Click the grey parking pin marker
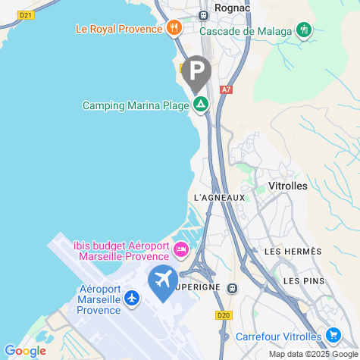197,73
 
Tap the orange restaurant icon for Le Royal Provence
175,29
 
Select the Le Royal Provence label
120,30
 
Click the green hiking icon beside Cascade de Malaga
305,30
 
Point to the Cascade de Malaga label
246,31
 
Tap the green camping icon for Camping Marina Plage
201,105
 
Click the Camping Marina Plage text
135,106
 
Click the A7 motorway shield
225,89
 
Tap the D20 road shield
223,315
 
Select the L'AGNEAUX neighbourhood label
220,198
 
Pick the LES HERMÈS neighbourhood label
293,252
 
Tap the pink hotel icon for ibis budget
181,249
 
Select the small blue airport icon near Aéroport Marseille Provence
133,298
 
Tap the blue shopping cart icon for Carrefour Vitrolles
333,335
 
